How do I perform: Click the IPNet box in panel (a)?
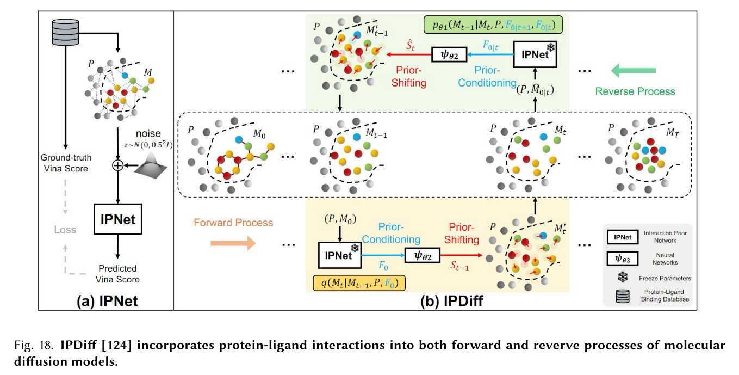pos(117,219)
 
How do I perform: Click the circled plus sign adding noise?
pos(117,166)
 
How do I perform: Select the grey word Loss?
pos(65,230)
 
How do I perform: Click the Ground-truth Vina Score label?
pos(65,163)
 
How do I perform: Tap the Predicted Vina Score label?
pos(117,274)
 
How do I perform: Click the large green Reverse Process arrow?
pos(633,70)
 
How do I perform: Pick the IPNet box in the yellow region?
pos(339,254)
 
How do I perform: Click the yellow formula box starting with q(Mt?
pos(359,282)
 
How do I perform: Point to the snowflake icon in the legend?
pos(621,278)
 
